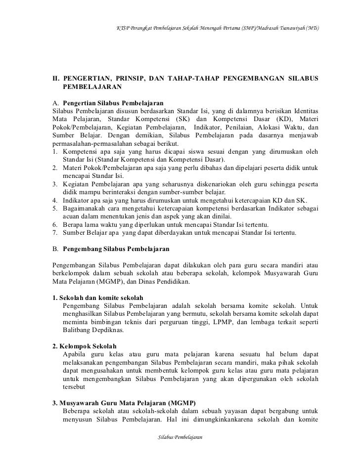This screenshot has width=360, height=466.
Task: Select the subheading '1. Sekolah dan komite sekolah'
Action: point(97,298)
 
